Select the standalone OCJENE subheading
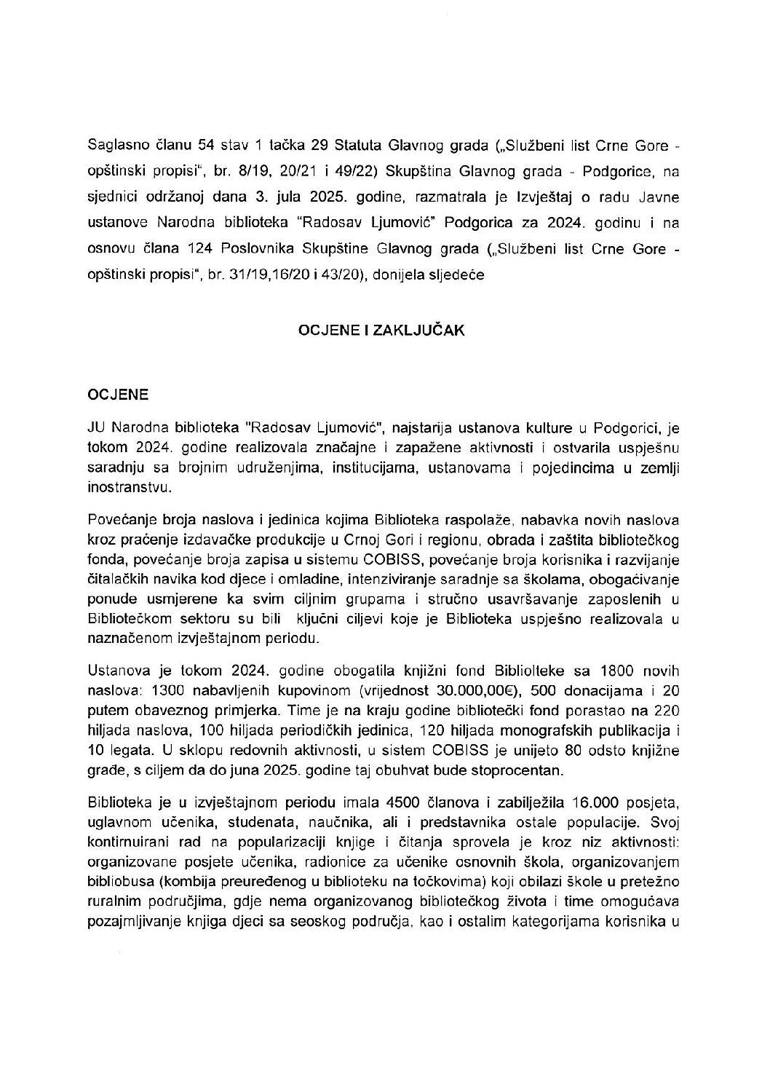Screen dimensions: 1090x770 click(118, 394)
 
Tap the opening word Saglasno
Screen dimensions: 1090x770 click(115, 146)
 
